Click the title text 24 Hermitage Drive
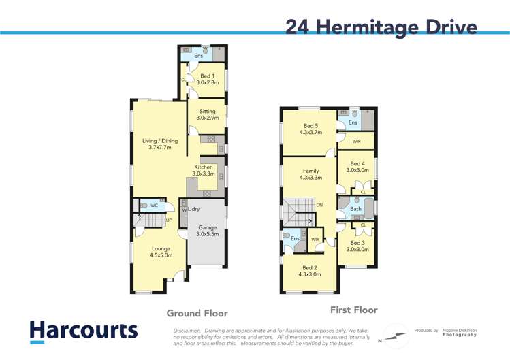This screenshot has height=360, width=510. tap(381, 27)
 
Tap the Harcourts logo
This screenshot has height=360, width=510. tap(83, 331)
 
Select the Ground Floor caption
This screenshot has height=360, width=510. tap(197, 313)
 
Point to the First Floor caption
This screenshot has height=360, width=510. tap(353, 310)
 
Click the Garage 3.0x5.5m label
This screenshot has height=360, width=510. tap(207, 231)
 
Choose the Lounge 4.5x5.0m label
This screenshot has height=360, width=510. tap(161, 252)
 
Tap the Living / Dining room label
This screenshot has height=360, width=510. tap(160, 144)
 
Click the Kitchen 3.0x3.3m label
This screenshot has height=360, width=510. tap(204, 170)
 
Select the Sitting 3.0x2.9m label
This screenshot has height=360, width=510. tap(207, 114)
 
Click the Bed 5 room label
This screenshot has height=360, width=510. tap(310, 129)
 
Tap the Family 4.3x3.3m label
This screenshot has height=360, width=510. tap(310, 174)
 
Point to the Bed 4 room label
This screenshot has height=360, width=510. tap(357, 167)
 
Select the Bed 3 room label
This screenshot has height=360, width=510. tap(357, 246)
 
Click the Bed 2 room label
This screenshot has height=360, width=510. tap(310, 270)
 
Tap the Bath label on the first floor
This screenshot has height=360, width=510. tap(355, 209)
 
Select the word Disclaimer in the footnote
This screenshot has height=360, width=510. tap(187, 330)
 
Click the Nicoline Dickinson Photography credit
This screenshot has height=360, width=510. tap(460, 333)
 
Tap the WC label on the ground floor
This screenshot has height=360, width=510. tap(154, 205)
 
